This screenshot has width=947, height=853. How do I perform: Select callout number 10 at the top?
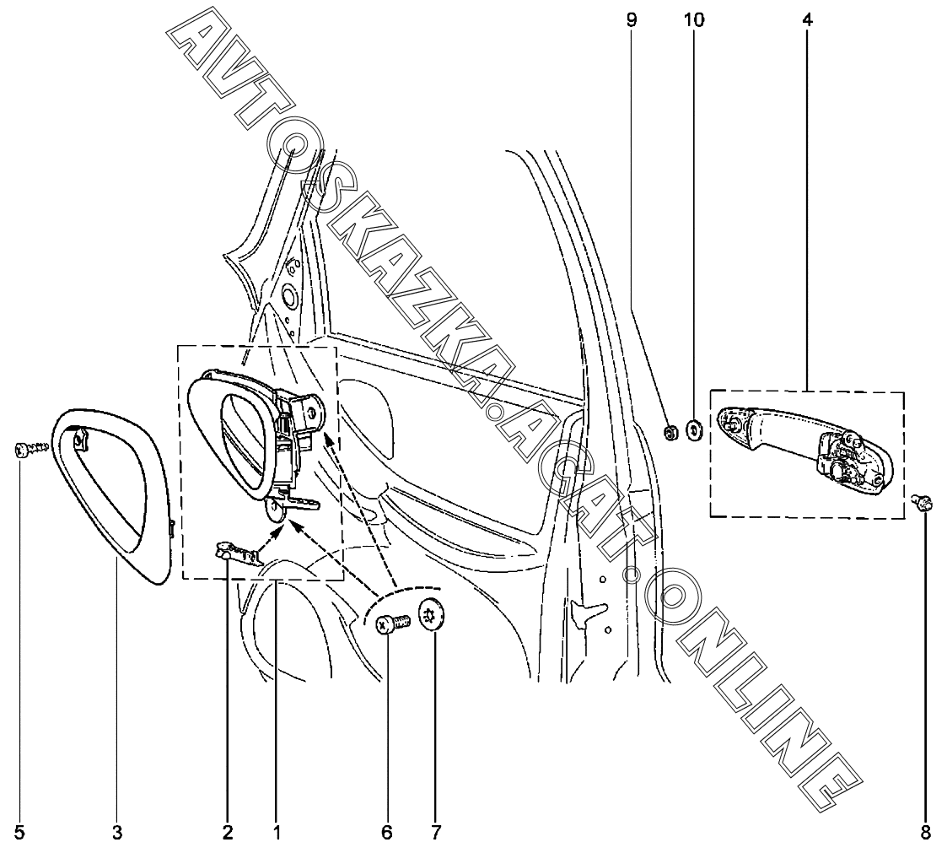tap(694, 19)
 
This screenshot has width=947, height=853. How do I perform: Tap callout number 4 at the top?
tap(807, 19)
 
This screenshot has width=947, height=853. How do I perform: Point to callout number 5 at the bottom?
tap(19, 834)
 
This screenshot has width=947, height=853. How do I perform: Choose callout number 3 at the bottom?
tap(117, 834)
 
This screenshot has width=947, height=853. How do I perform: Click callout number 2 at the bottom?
tap(228, 834)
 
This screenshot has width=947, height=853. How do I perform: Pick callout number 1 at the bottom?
tap(276, 834)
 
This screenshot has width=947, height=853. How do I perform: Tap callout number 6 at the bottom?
tap(387, 834)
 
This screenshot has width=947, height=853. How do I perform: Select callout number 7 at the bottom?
tap(435, 834)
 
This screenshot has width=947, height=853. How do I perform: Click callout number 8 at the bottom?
tap(925, 834)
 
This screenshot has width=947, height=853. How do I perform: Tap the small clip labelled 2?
tap(234, 553)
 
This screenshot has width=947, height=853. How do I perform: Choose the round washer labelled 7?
tap(433, 617)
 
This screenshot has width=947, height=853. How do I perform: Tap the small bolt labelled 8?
tap(924, 504)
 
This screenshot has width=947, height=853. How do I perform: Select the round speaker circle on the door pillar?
tap(288, 298)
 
